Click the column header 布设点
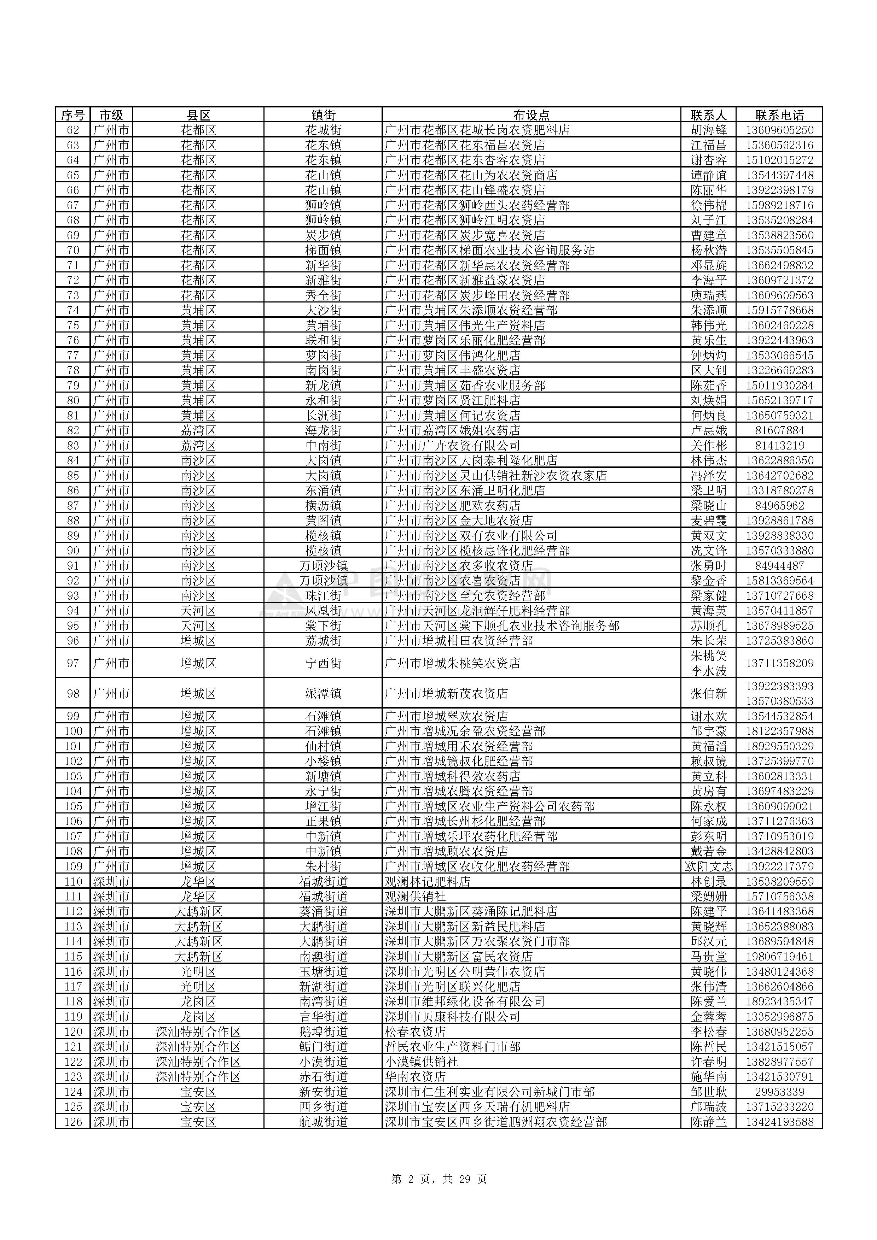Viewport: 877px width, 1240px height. (x=531, y=115)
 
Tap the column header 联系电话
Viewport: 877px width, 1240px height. (x=779, y=115)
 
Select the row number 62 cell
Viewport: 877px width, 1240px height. (x=72, y=130)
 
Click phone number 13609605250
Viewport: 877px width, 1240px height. (x=779, y=130)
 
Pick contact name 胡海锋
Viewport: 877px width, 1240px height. (x=708, y=130)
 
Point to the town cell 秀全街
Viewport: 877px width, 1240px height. (x=323, y=295)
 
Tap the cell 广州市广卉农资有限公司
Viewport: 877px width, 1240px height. (x=452, y=446)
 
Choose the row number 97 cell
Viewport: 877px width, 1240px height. (x=72, y=663)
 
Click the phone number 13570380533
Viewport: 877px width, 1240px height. (x=779, y=701)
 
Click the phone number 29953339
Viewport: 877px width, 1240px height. (x=779, y=1092)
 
